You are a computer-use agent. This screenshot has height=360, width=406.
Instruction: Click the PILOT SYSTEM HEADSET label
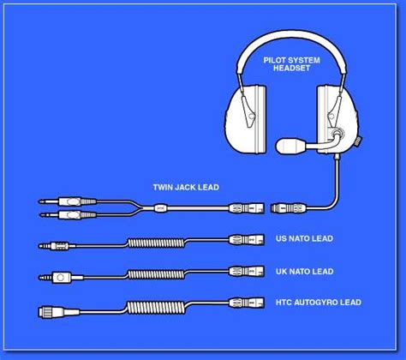point(291,64)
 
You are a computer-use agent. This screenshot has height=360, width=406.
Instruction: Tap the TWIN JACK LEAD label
point(186,188)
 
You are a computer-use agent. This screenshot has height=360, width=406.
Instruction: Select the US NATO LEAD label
point(304,238)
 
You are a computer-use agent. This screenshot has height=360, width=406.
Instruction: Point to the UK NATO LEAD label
point(304,272)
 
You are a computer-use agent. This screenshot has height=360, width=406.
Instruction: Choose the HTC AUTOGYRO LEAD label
point(319,303)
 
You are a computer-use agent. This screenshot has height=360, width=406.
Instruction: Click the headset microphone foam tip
point(290,146)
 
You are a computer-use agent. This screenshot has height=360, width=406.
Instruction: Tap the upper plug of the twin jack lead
point(68,201)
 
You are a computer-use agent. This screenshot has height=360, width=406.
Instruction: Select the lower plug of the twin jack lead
point(68,214)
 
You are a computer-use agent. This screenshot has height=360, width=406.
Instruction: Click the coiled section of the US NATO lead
point(156,243)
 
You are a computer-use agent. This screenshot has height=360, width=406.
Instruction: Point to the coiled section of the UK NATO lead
point(156,274)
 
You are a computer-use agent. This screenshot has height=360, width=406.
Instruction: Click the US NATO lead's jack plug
point(57,245)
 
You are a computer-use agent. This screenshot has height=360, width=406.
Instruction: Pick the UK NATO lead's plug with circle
point(61,277)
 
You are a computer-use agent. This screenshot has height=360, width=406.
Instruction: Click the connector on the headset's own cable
point(289,207)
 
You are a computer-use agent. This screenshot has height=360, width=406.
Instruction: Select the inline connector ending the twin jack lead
point(247,207)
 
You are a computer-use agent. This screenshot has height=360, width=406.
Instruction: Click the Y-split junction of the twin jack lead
point(139,207)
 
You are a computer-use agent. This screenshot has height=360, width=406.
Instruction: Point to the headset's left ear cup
point(246,118)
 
